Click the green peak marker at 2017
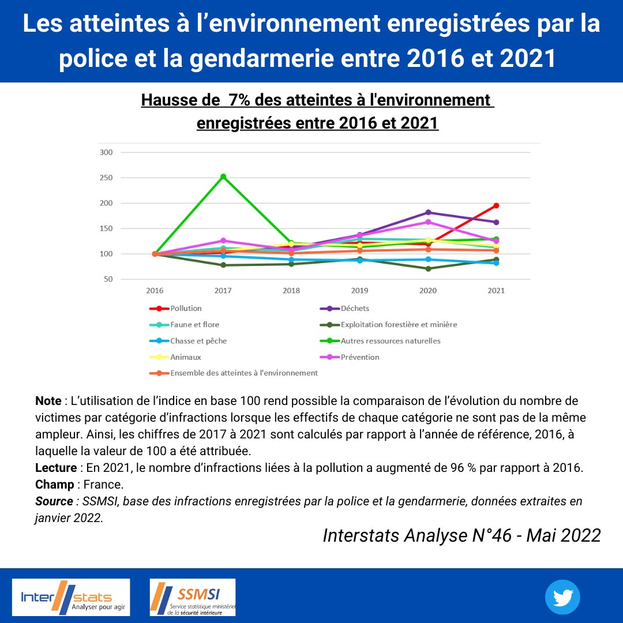(223, 177)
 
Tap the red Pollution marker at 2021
(496, 205)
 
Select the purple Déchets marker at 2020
(428, 212)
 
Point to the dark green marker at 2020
(428, 269)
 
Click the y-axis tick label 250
(107, 178)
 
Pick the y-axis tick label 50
(108, 279)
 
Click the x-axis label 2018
(291, 291)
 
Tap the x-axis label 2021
(496, 291)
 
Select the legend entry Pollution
(186, 309)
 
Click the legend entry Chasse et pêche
(198, 341)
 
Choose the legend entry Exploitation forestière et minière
(399, 325)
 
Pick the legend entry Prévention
(360, 357)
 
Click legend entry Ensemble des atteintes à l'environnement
(243, 373)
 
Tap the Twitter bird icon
(562, 597)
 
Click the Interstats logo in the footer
(71, 597)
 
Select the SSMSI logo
(193, 597)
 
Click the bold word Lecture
(55, 468)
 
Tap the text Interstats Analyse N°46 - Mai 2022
(461, 535)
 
